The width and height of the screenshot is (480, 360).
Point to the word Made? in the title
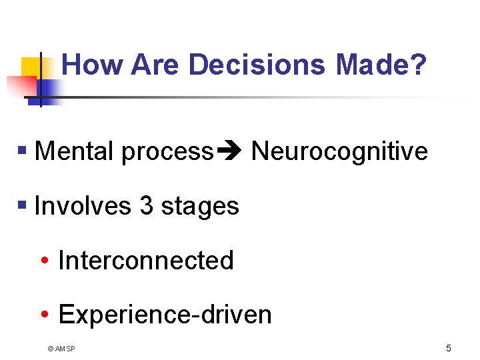pos(381,65)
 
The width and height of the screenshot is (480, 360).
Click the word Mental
pos(74,151)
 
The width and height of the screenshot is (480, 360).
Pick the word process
pos(167,152)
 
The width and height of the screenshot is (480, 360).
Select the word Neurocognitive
pos(339,151)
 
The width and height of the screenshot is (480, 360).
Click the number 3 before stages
pos(147,206)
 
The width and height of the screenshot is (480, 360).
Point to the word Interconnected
pos(146,260)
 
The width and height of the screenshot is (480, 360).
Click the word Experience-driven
pos(165,314)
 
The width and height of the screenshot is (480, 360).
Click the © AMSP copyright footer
pos(61,349)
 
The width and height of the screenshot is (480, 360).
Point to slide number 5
pos(448,348)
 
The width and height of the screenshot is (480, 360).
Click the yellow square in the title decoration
pos(31,67)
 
